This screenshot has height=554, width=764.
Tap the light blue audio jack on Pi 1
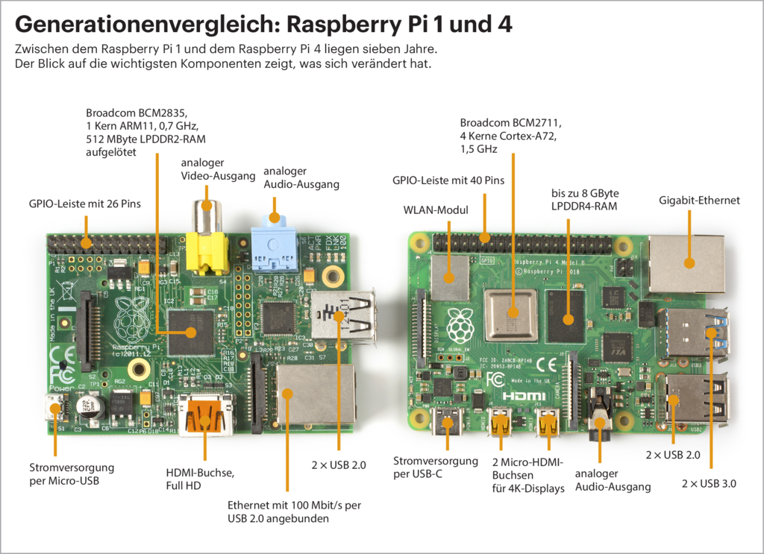273,246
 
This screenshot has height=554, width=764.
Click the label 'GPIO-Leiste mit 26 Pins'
84,203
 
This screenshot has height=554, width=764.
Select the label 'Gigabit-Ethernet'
699,200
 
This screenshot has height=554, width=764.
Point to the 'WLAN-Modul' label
436,210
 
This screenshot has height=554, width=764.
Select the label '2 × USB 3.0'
709,483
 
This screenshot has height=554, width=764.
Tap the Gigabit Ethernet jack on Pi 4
687,263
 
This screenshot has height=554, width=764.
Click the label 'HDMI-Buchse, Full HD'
199,479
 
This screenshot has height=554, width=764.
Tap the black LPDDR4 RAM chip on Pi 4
568,318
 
